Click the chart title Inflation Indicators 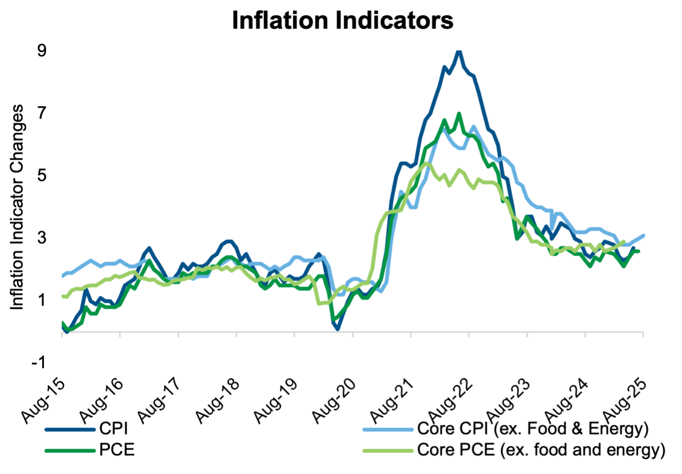click(x=342, y=21)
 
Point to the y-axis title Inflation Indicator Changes click(x=17, y=207)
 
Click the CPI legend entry click(x=114, y=430)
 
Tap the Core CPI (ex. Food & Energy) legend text click(x=533, y=430)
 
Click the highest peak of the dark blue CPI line click(x=459, y=51)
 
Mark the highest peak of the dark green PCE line click(x=459, y=114)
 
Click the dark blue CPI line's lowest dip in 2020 click(x=337, y=329)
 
